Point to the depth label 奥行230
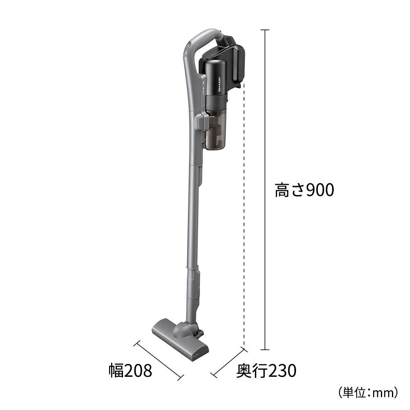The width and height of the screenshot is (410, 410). [266, 371]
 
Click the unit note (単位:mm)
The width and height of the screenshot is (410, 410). [368, 393]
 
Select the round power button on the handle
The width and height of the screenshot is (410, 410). [187, 52]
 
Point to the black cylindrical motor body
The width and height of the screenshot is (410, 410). [216, 80]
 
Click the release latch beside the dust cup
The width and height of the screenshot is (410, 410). [202, 122]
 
